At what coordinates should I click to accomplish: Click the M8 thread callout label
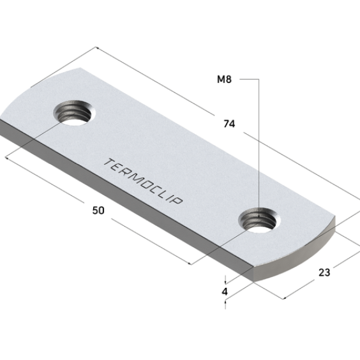pyautogui.click(x=224, y=79)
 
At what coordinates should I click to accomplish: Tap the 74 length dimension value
pyautogui.click(x=229, y=124)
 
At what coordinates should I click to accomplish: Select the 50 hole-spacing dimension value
pyautogui.click(x=98, y=210)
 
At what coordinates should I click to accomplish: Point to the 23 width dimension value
pyautogui.click(x=324, y=273)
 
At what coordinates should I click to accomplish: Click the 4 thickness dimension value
pyautogui.click(x=225, y=292)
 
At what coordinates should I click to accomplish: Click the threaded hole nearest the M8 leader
pyautogui.click(x=260, y=220)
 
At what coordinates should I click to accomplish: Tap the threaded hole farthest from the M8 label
pyautogui.click(x=75, y=113)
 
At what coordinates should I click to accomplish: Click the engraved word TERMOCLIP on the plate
pyautogui.click(x=143, y=181)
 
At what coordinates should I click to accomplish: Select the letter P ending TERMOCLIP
pyautogui.click(x=177, y=200)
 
